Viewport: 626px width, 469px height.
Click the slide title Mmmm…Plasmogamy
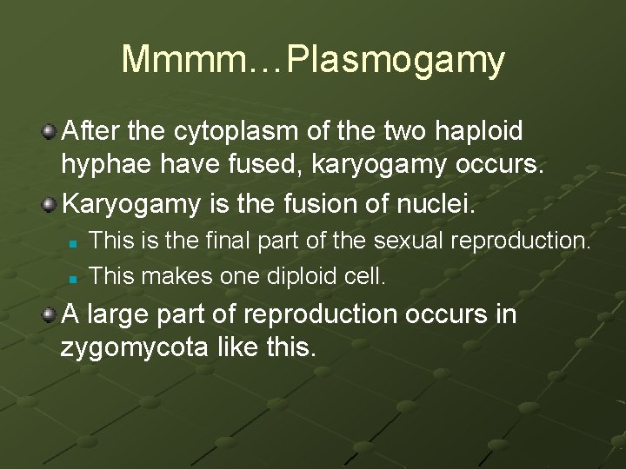pyautogui.click(x=313, y=59)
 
